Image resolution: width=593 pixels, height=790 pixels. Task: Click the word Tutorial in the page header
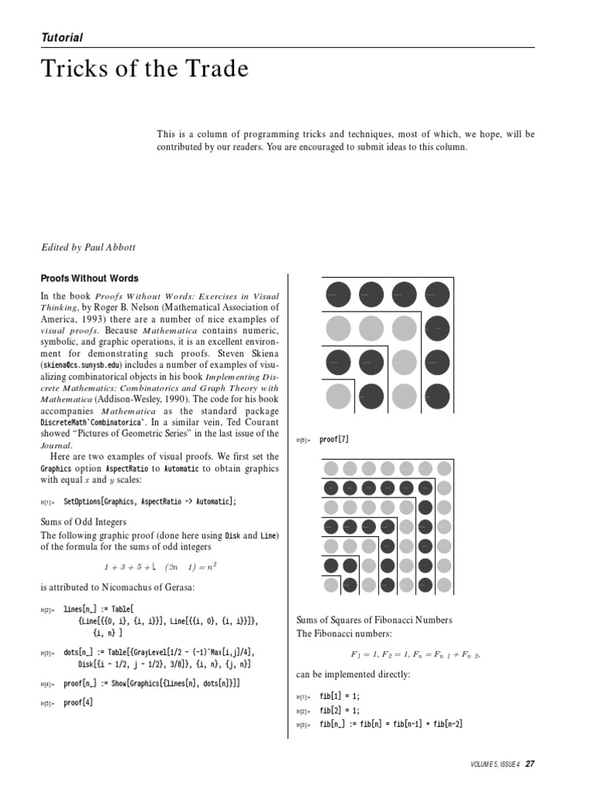click(x=62, y=37)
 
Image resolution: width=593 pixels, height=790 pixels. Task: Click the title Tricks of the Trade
click(x=144, y=69)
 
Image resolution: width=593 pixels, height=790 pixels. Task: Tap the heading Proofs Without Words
click(x=90, y=279)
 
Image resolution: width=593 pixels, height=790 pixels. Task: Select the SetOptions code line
click(x=150, y=501)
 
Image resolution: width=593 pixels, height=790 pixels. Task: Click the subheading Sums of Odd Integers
click(x=87, y=522)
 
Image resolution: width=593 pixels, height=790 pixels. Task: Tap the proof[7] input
click(x=334, y=440)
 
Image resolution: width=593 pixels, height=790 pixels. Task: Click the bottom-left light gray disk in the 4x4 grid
click(x=338, y=396)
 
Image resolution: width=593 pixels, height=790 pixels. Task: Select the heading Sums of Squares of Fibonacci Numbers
click(x=374, y=620)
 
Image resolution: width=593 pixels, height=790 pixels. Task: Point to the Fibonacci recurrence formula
click(x=415, y=655)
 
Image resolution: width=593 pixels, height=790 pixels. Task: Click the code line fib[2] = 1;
click(x=340, y=710)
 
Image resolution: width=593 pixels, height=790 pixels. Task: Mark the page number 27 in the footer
click(x=530, y=764)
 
